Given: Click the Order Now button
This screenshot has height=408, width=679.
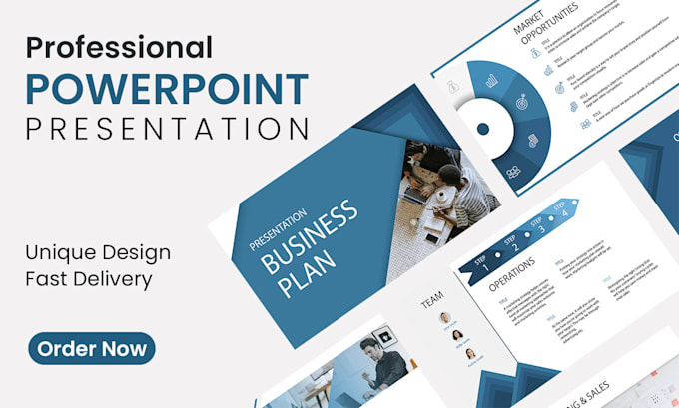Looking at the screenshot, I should (x=91, y=348).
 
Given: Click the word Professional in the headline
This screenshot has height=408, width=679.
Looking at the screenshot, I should (x=119, y=46).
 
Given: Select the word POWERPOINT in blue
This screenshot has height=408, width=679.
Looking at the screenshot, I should (x=166, y=88).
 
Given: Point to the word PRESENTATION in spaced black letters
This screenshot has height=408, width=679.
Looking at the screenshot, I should (x=166, y=129).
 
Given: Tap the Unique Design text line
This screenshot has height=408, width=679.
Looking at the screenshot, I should (x=98, y=252).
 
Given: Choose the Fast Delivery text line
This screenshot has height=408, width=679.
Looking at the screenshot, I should (x=90, y=279).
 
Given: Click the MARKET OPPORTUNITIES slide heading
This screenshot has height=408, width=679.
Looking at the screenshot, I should (x=545, y=24).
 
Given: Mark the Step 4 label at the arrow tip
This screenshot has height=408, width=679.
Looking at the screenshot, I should (x=565, y=210).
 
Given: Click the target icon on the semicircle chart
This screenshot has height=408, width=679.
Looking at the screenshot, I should (x=520, y=103).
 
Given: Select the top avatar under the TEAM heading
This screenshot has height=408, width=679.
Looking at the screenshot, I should (x=443, y=318).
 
